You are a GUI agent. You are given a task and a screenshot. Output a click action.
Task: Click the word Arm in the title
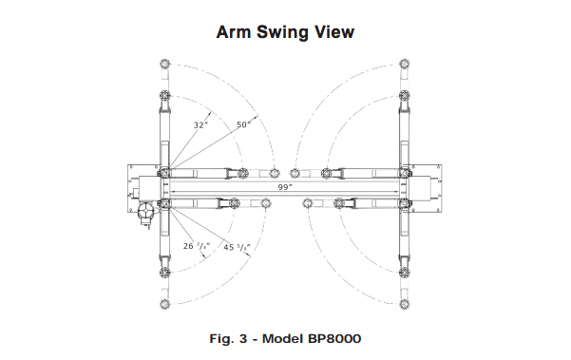[234, 32]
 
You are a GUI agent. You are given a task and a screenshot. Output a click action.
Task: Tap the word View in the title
[334, 32]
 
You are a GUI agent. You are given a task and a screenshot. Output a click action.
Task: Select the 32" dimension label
[200, 125]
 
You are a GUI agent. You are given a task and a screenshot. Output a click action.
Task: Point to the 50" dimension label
[243, 124]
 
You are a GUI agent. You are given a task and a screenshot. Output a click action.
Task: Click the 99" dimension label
[285, 187]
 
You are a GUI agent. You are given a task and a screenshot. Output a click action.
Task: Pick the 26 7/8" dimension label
[197, 246]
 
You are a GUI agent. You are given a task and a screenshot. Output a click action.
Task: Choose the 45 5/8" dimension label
[238, 247]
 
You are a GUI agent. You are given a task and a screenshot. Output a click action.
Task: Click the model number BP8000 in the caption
[334, 339]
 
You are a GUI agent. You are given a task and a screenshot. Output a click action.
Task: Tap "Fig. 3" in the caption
[228, 339]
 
